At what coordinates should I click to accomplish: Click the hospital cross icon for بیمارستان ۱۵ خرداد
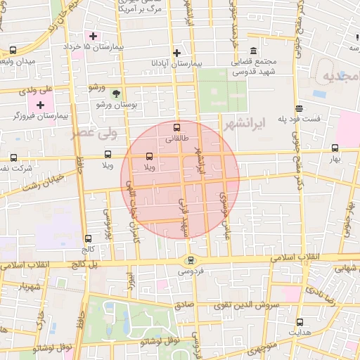point(92,36)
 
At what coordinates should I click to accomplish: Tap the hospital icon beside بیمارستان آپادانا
point(176,53)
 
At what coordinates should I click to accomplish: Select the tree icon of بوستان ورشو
point(116,93)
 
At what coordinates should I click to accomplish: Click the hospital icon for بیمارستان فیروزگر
point(40,105)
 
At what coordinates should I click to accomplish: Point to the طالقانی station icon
point(176,128)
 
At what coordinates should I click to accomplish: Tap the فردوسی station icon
point(190,259)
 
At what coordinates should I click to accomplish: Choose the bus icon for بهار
point(335,148)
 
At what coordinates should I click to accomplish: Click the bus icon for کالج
point(88,239)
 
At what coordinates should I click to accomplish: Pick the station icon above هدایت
point(300,322)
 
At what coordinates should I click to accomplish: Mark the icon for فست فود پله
point(300,108)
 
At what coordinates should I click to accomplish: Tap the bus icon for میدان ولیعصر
point(13,50)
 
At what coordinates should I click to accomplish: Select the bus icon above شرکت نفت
point(15,158)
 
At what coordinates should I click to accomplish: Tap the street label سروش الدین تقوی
point(255,304)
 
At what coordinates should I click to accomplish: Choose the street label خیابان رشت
point(44,184)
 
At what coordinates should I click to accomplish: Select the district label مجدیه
point(340,75)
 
